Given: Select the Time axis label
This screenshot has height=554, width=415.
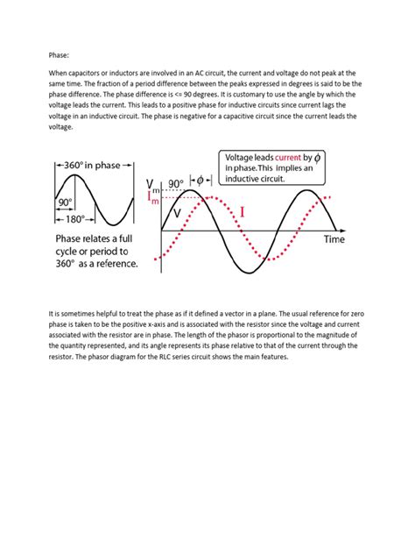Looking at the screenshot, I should click(x=334, y=238).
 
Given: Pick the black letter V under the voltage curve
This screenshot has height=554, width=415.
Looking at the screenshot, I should click(x=178, y=214).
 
